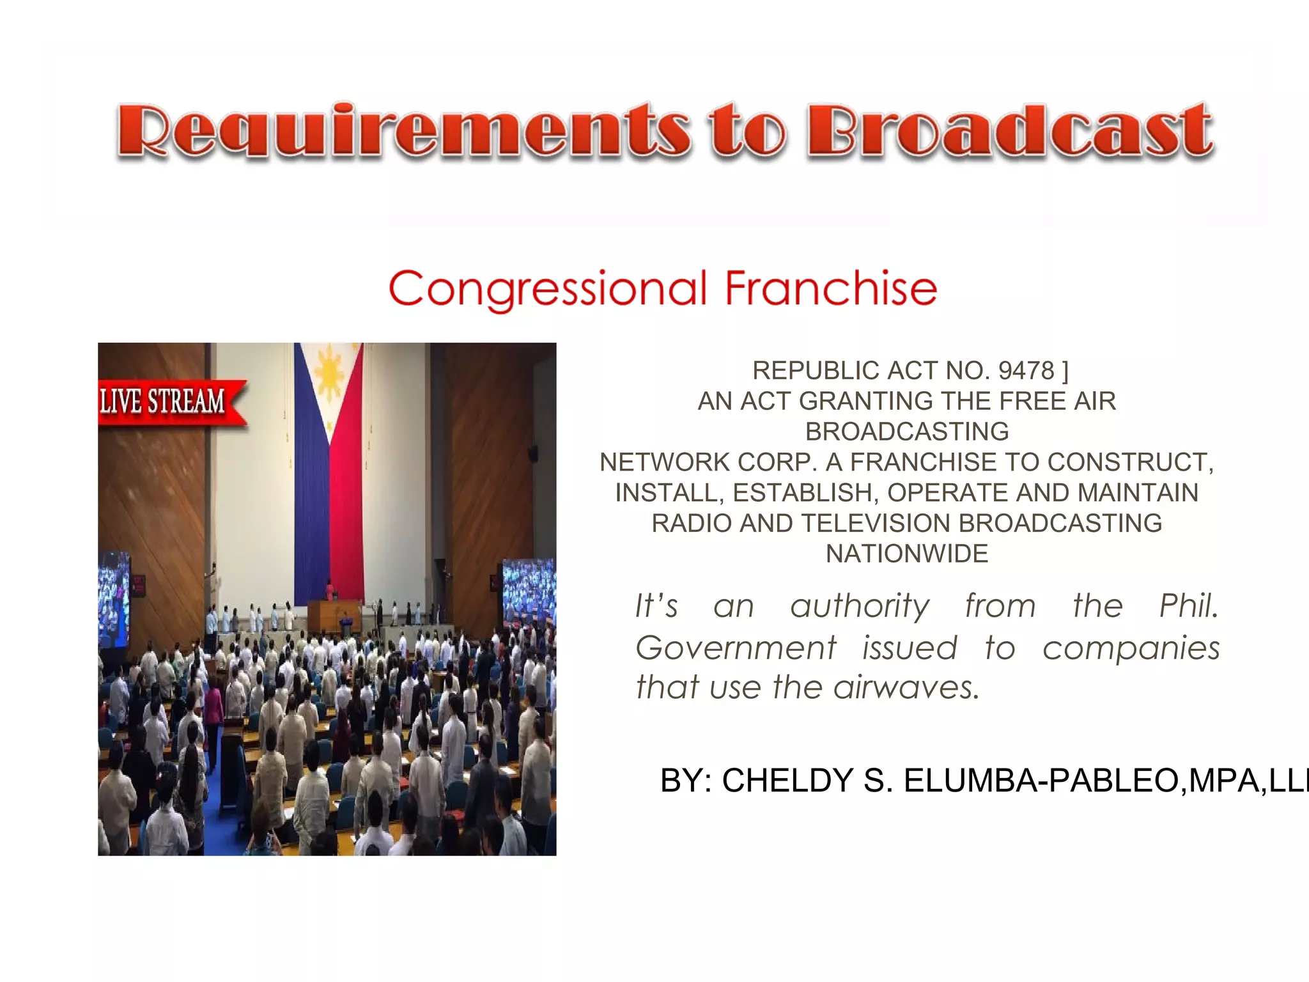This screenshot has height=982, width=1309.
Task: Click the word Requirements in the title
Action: pyautogui.click(x=403, y=131)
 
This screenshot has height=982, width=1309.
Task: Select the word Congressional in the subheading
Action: pyautogui.click(x=548, y=290)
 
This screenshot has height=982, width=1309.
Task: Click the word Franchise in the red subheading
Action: pyautogui.click(x=831, y=288)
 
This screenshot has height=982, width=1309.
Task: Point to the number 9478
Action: pyautogui.click(x=1026, y=371)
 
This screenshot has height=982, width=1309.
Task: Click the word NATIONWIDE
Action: pyautogui.click(x=907, y=554)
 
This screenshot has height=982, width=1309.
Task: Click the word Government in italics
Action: pyautogui.click(x=736, y=648)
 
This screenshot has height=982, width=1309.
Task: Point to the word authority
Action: pyautogui.click(x=860, y=606)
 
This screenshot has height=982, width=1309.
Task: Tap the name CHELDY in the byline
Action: pyautogui.click(x=787, y=781)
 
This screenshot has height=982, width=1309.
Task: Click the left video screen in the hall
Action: pyautogui.click(x=114, y=598)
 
